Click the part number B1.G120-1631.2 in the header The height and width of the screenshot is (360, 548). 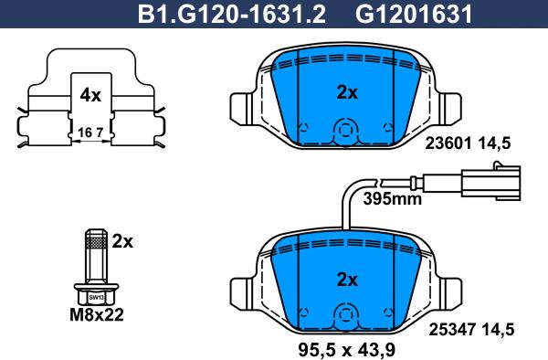(x=231, y=15)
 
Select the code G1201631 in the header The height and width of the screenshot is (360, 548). (x=414, y=15)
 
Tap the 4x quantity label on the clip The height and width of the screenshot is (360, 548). (x=90, y=95)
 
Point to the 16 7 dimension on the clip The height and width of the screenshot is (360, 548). (x=90, y=132)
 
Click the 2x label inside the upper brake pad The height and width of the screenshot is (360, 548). (x=347, y=92)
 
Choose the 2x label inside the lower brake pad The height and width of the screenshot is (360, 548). (x=347, y=280)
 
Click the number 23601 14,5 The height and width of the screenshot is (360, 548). (x=468, y=143)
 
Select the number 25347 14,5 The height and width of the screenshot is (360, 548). (x=471, y=330)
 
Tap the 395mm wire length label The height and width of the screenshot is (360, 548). (x=393, y=199)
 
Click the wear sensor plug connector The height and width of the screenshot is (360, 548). (x=491, y=181)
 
